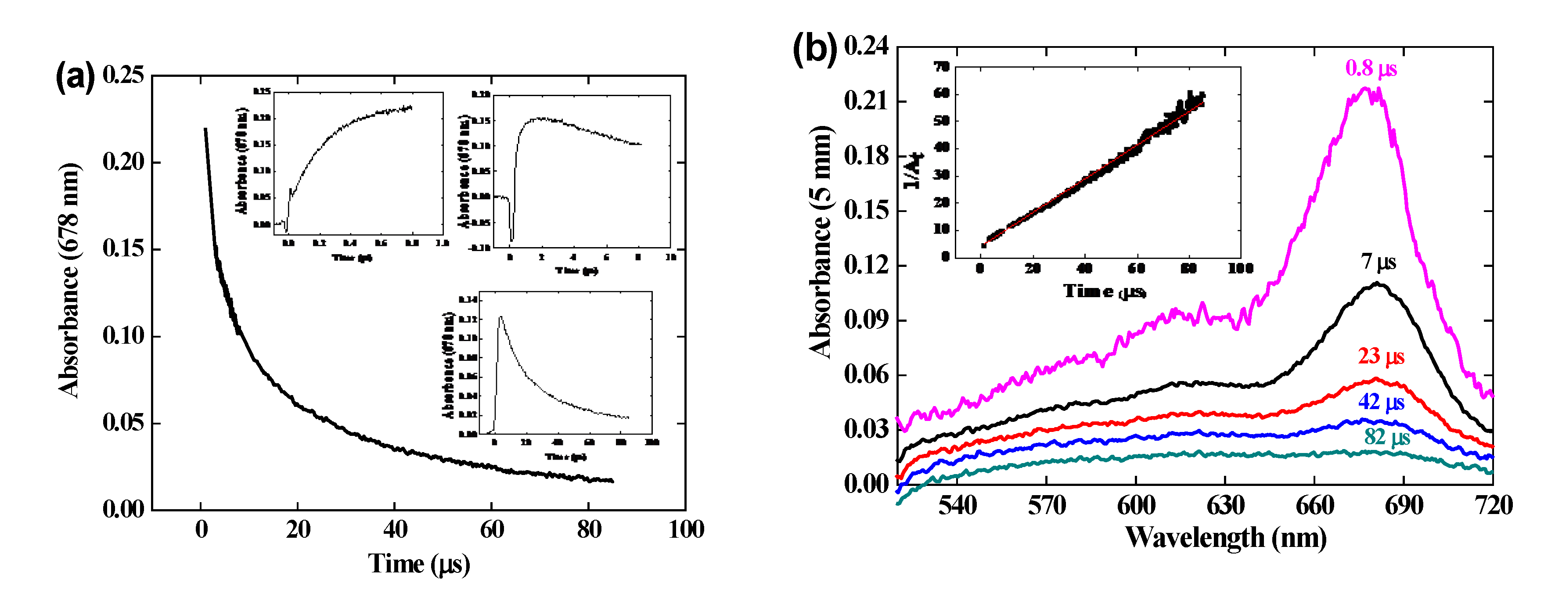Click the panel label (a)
point(74,77)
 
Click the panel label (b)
point(814,48)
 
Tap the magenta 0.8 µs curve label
point(1371,68)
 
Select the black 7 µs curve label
point(1378,262)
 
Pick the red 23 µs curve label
point(1381,356)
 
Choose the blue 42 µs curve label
point(1381,401)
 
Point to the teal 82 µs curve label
point(1386,436)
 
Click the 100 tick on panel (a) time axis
point(686,530)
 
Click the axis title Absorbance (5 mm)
point(821,241)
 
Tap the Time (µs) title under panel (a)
point(419,564)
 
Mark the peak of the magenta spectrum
point(1365,89)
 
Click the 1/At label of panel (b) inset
point(913,171)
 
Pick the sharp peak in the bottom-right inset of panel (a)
point(500,316)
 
